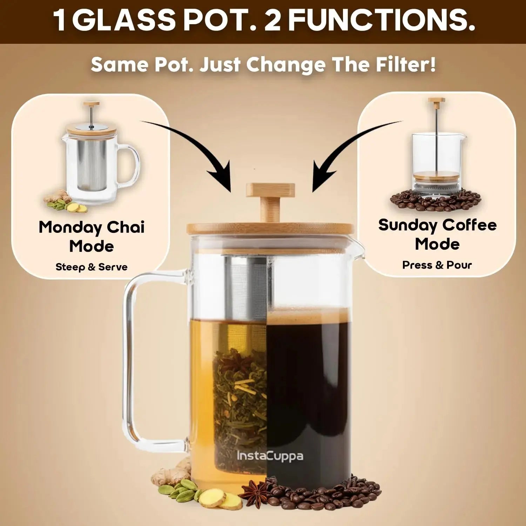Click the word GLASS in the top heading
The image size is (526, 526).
(x=124, y=21)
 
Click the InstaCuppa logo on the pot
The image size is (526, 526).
(x=270, y=456)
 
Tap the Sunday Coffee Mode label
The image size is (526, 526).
(x=437, y=234)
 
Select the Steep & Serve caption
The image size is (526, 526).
(x=92, y=267)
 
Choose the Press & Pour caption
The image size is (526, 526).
(x=437, y=265)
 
